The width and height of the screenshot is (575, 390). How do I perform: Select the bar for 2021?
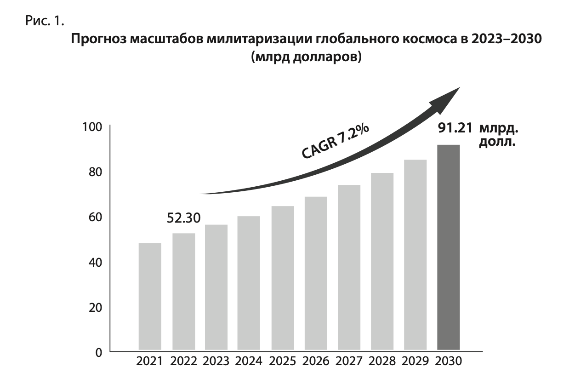[x=150, y=297]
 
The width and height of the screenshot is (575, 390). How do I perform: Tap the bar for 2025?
[x=282, y=278]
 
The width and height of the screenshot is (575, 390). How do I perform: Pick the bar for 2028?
[x=382, y=262]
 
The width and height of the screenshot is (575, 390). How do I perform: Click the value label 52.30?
[x=184, y=218]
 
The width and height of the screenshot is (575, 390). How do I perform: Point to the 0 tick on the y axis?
[x=98, y=353]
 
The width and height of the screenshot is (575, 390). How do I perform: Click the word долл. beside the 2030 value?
[x=496, y=142]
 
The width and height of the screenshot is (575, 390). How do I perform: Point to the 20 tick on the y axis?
[x=94, y=308]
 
